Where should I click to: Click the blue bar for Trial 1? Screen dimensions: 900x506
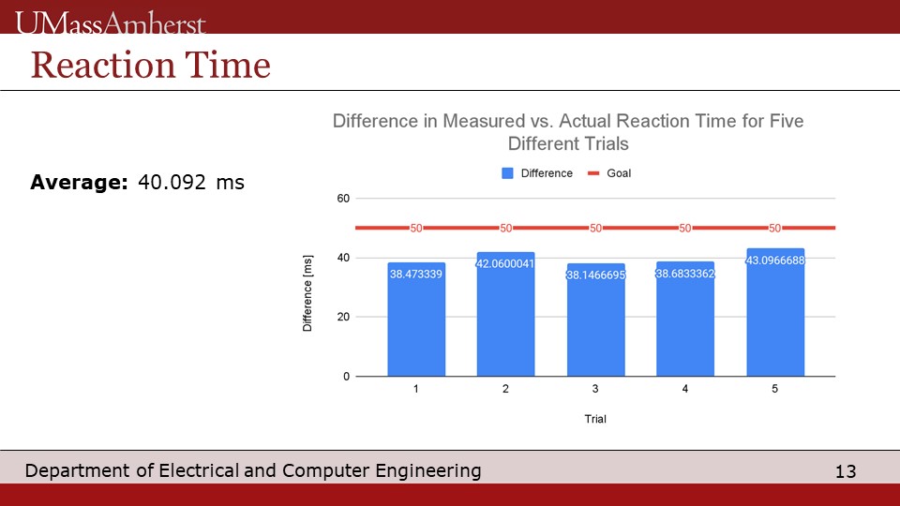tap(416, 319)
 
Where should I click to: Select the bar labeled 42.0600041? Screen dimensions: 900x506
tap(505, 314)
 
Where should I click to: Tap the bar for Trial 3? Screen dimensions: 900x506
tap(596, 320)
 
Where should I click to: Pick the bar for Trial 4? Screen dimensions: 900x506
tap(685, 319)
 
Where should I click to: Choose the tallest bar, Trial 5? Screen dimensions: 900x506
tap(775, 312)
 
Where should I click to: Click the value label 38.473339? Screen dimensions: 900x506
tap(416, 275)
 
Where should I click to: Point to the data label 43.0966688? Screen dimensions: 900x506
tap(775, 260)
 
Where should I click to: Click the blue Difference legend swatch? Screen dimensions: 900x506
tap(507, 173)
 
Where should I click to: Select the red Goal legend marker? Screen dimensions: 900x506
tap(593, 173)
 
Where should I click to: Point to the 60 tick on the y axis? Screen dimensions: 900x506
tap(343, 199)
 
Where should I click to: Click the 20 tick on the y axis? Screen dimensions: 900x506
tap(343, 317)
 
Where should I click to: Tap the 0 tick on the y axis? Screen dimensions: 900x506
tap(346, 377)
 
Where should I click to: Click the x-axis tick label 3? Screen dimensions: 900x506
tap(595, 389)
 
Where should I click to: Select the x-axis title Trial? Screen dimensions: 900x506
tap(595, 419)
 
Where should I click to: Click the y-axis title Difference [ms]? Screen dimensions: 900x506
tap(307, 293)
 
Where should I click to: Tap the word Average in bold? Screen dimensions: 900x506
tap(79, 183)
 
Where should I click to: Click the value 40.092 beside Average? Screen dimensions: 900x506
tap(172, 183)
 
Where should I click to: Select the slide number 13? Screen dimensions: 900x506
tap(846, 471)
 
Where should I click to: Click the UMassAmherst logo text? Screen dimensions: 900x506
tap(111, 22)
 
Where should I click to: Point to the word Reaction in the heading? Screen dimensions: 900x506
tap(103, 65)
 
